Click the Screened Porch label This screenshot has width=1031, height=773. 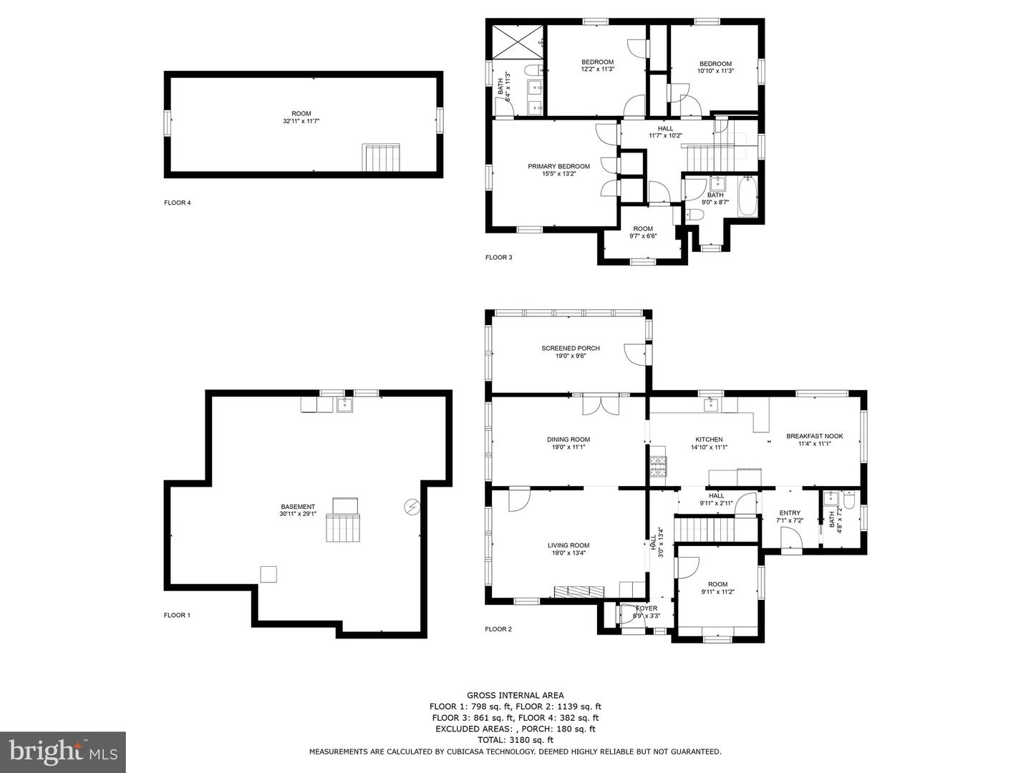pyautogui.click(x=570, y=349)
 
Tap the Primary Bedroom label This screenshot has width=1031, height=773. pyautogui.click(x=558, y=166)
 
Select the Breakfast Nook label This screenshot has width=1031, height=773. pyautogui.click(x=815, y=436)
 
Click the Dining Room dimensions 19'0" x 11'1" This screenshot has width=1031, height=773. pyautogui.click(x=568, y=447)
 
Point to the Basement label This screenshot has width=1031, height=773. pyautogui.click(x=298, y=507)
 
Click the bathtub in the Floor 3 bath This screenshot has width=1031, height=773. pyautogui.click(x=747, y=196)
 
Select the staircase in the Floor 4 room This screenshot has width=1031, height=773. pyautogui.click(x=380, y=157)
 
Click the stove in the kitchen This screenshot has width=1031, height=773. pyautogui.click(x=658, y=467)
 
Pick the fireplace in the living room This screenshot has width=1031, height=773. pyautogui.click(x=579, y=591)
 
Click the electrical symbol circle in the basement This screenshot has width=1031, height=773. pyautogui.click(x=412, y=507)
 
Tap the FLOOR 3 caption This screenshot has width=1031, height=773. pyautogui.click(x=499, y=257)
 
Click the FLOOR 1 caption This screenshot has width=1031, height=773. pyautogui.click(x=177, y=615)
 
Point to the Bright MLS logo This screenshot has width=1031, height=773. pyautogui.click(x=63, y=752)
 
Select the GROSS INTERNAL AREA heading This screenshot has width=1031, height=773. pyautogui.click(x=515, y=695)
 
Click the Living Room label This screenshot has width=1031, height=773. pyautogui.click(x=568, y=545)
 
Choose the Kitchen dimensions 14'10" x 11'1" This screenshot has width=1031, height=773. pyautogui.click(x=710, y=447)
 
